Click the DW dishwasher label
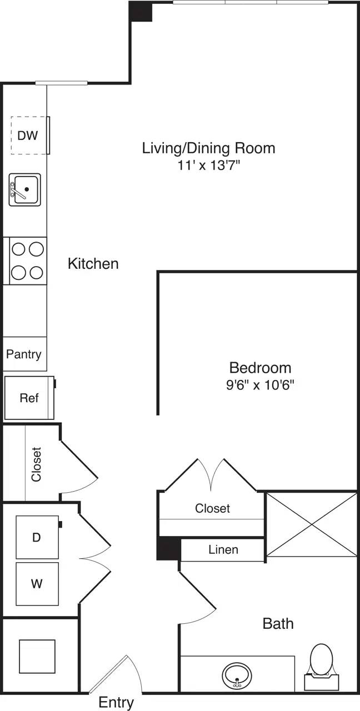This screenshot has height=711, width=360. pos(28,135)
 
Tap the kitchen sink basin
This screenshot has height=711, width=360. pos(25,189)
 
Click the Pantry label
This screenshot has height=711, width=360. pos(24,354)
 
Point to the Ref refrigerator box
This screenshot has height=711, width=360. pos(29,398)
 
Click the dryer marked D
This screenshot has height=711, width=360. pos(37,537)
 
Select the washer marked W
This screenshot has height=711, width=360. pos(37,584)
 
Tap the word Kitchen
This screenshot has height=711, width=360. pos(93,263)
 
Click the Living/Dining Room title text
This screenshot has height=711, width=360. pos(208,148)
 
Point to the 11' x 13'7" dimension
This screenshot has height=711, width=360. pos(208,164)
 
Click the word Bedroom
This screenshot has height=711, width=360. pos(260,368)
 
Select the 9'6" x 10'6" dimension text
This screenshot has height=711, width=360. pos(260,384)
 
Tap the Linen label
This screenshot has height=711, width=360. pos(223,550)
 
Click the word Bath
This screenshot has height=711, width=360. pos(278,623)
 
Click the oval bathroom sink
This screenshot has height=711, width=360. pos(238,675)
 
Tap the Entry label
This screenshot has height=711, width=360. pos(116,702)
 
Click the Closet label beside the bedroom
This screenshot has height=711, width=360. pos(212,508)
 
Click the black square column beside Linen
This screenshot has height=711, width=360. pos(169,549)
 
